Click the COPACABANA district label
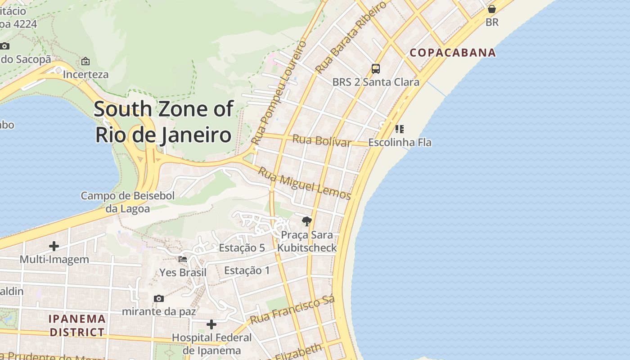point(453,53)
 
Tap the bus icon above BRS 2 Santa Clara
point(375,69)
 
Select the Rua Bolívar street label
point(321,140)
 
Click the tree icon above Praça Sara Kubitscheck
point(307,221)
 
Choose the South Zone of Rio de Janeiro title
point(164,122)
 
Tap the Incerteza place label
point(85,74)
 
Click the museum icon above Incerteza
point(85,61)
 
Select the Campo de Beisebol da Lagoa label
point(127,202)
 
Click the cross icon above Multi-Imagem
point(54,246)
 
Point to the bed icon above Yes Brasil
point(183,259)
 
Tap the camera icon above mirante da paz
point(158,298)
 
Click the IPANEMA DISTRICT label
point(77,326)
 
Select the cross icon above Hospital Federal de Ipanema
point(211,324)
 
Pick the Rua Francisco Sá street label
point(292,311)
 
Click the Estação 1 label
point(247,270)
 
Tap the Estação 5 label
point(242,248)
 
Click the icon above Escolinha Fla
point(399,129)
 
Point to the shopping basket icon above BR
point(492,9)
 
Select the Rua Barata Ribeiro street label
point(351,37)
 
